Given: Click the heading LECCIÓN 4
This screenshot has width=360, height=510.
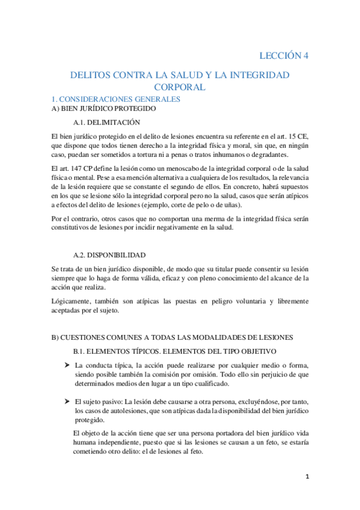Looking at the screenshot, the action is (x=284, y=56).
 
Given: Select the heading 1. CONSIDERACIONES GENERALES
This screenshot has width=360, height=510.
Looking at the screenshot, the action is (x=115, y=99).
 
